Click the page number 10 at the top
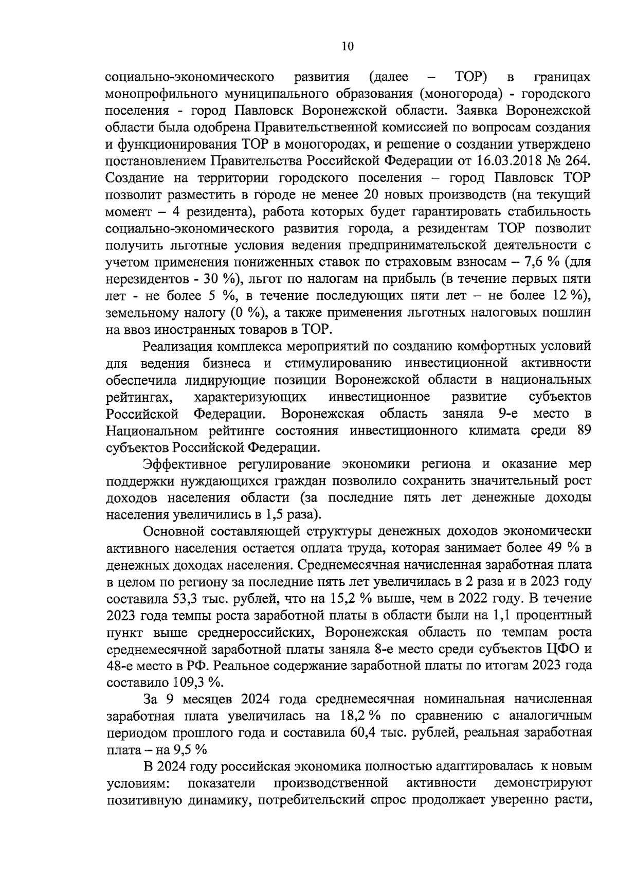(x=348, y=47)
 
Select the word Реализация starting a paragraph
(x=179, y=346)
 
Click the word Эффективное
(x=185, y=464)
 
